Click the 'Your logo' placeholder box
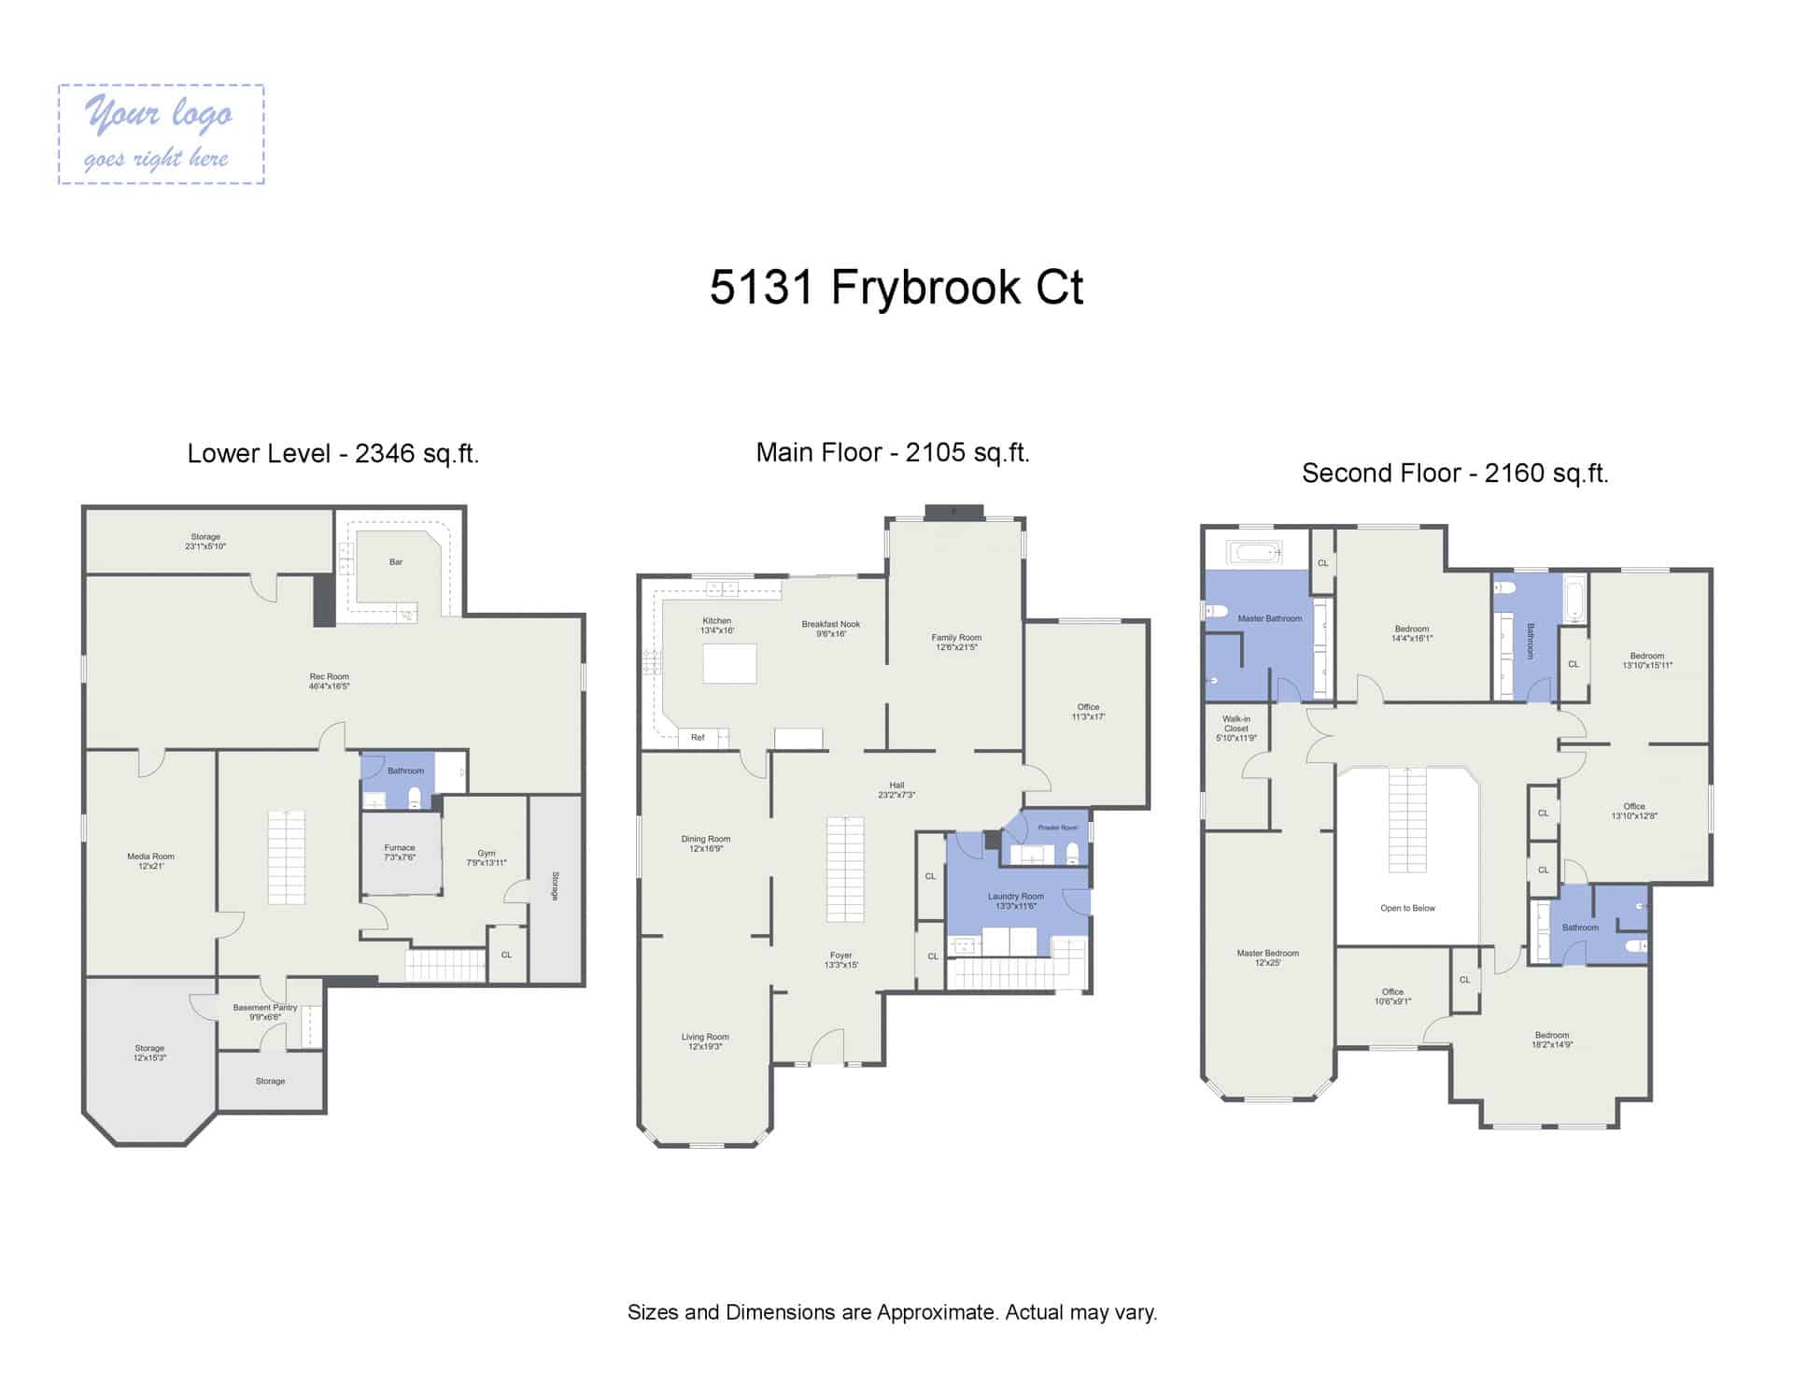(161, 135)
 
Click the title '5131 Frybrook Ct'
(896, 287)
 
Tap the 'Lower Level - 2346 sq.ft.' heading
(332, 453)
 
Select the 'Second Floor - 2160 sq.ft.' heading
(1454, 473)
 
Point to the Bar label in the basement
(396, 562)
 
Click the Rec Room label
(329, 681)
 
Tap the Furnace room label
(399, 852)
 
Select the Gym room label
(486, 857)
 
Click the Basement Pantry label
(265, 1012)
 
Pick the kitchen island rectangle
(729, 663)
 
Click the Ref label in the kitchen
(698, 738)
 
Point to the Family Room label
(955, 642)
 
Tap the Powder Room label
(1057, 828)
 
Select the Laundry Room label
(1016, 900)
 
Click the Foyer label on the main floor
(840, 959)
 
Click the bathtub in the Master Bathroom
(1256, 552)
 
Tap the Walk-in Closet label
(1235, 729)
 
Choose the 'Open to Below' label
(1407, 908)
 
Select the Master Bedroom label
(1267, 957)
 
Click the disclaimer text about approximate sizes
(892, 1312)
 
